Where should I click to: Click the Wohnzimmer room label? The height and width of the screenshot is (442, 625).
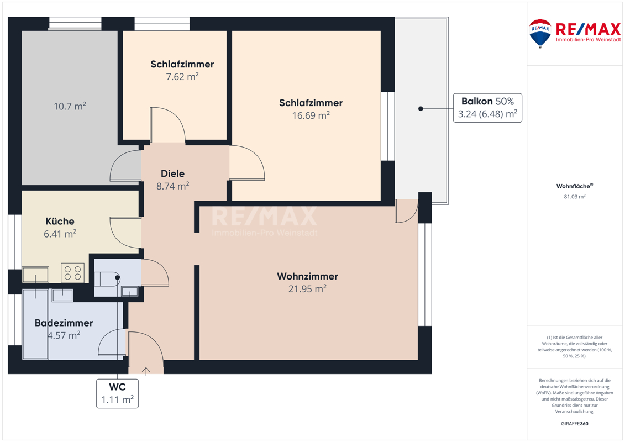(x=307, y=276)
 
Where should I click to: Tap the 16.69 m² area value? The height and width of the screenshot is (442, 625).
(x=311, y=115)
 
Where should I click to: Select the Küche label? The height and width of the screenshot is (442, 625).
(x=60, y=221)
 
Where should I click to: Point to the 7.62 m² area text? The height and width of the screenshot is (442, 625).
(x=182, y=77)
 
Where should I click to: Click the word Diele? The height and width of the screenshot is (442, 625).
(x=172, y=173)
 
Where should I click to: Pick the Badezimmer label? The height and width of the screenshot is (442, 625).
(x=64, y=323)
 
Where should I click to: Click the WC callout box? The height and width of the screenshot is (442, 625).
(x=118, y=393)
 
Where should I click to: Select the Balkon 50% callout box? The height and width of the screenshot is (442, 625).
(x=487, y=108)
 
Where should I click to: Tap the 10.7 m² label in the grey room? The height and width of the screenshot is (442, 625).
(x=70, y=106)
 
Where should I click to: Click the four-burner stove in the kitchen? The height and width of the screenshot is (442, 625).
(x=72, y=273)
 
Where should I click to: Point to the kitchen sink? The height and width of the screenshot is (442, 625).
(x=35, y=274)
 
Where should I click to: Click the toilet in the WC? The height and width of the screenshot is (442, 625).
(x=107, y=279)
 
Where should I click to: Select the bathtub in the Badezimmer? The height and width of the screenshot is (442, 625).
(x=35, y=324)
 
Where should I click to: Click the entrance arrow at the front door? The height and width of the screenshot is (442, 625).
(x=146, y=371)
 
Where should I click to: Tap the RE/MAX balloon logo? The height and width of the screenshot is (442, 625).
(x=540, y=34)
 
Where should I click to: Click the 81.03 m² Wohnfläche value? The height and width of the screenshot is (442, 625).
(x=574, y=197)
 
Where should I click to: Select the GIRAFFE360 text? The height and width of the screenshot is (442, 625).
(x=574, y=424)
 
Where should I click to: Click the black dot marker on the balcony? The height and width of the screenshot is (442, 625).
(x=421, y=108)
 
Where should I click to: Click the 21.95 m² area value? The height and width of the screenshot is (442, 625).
(x=307, y=288)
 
